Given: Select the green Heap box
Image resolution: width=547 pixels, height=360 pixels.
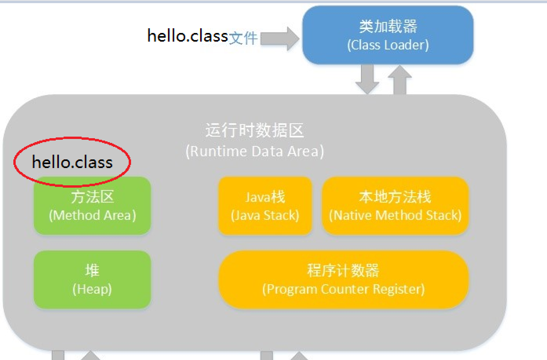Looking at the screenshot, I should [x=92, y=280].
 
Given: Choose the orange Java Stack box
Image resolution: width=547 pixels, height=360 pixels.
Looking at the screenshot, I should [x=265, y=206].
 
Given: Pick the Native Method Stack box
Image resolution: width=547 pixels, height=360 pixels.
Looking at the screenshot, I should [x=395, y=206].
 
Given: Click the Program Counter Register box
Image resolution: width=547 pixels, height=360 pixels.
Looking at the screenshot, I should [x=343, y=280].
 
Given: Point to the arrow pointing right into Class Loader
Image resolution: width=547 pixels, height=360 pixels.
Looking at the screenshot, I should [x=279, y=38].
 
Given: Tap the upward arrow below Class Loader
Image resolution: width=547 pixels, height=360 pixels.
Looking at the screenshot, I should [x=399, y=80].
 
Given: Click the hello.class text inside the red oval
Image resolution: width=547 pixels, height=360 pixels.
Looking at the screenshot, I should [x=72, y=162].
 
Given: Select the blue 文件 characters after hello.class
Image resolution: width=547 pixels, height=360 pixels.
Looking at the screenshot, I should [x=243, y=38].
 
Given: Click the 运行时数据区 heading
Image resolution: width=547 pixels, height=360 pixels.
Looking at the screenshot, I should [x=255, y=130].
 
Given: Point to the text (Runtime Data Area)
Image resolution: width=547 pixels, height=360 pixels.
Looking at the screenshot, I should [x=255, y=151].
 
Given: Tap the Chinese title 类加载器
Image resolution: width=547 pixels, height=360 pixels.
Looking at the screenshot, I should [x=388, y=26].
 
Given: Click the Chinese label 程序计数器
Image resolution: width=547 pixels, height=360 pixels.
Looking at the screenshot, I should [x=343, y=270].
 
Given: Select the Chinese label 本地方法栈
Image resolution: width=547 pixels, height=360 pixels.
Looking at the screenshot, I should [x=395, y=197].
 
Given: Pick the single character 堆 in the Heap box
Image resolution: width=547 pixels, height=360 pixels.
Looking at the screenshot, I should [x=92, y=270].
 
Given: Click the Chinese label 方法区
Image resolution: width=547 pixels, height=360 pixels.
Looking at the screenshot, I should [x=92, y=197].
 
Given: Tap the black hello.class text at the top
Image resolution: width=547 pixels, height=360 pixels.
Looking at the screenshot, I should [x=188, y=36].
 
